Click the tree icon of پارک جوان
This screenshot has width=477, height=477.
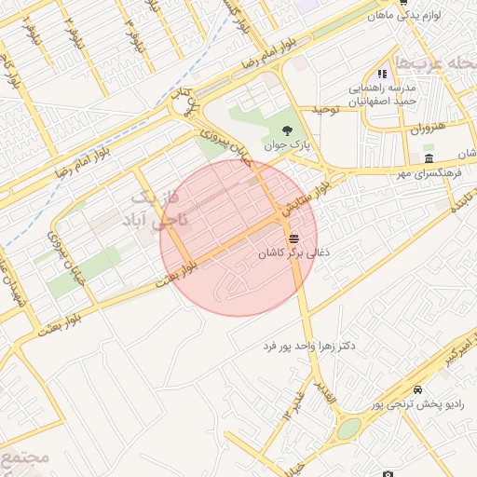pyautogui.click(x=285, y=131)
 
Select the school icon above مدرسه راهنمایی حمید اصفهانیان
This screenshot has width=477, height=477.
pyautogui.click(x=381, y=75)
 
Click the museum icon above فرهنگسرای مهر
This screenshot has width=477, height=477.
pyautogui.click(x=428, y=159)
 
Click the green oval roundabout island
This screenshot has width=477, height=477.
pyautogui.click(x=348, y=429)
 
